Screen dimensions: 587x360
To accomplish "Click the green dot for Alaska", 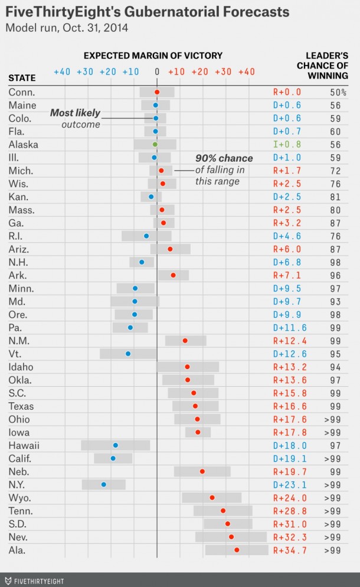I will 155,144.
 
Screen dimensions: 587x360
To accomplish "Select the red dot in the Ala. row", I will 237,550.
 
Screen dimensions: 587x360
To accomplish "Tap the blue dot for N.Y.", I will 104,484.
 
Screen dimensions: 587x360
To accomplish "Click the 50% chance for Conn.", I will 338,92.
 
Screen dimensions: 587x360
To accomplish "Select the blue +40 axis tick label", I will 62,71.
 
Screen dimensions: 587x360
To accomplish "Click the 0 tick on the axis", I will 157,71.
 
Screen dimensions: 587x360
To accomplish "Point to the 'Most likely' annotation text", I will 75,113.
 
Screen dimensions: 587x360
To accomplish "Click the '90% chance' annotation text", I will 224,158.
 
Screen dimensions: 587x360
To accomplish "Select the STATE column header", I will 22,78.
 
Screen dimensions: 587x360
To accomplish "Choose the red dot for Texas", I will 195,406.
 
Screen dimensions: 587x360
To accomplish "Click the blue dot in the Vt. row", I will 127,354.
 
